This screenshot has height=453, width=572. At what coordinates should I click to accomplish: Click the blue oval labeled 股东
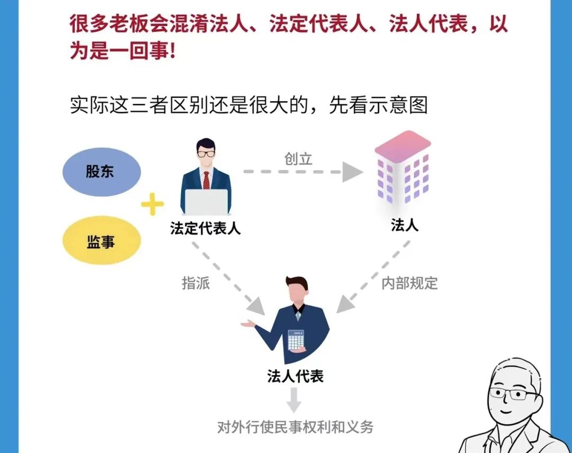tap(101, 172)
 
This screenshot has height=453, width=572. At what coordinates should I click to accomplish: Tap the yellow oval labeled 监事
tap(101, 243)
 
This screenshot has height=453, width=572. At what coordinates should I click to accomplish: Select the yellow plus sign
tap(153, 205)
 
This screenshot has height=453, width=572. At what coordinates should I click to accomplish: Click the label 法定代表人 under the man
tap(205, 228)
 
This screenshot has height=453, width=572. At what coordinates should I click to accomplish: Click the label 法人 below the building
tap(405, 225)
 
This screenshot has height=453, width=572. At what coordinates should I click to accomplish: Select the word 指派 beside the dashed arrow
tap(196, 283)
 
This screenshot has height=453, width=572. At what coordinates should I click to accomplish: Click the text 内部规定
tap(409, 283)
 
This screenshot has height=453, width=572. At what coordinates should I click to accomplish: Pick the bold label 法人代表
tap(295, 376)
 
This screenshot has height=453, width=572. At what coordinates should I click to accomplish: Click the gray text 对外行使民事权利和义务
tap(295, 427)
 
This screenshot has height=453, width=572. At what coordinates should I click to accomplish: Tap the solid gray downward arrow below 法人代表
tap(294, 401)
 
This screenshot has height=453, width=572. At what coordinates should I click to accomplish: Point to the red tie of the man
tap(207, 179)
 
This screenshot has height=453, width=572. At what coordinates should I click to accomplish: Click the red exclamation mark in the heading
tap(173, 52)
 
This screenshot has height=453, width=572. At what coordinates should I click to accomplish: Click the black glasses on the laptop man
tap(206, 154)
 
